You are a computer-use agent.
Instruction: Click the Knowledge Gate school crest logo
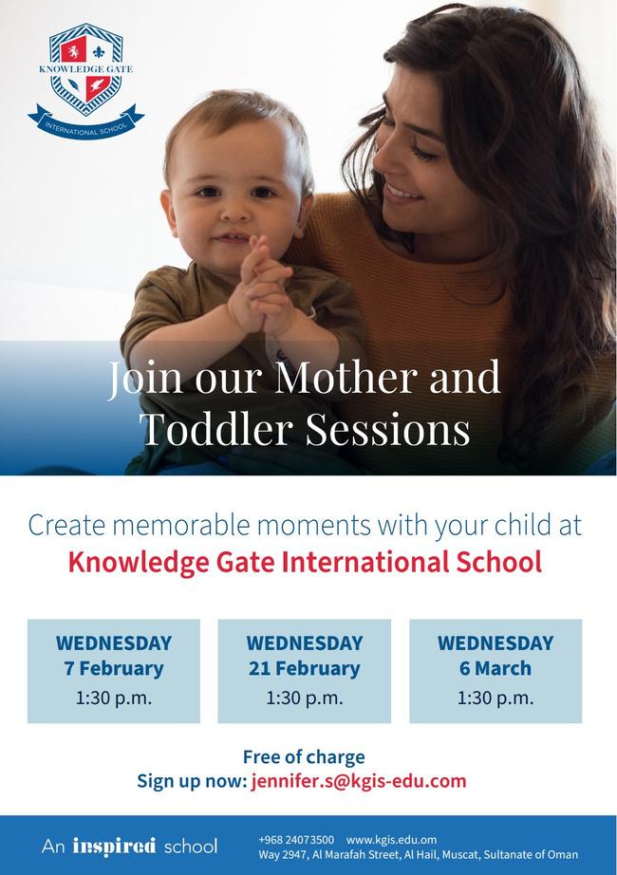[86, 81]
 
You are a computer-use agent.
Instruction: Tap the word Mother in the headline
[346, 377]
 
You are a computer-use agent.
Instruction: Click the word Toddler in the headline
[217, 429]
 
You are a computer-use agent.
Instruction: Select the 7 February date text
[114, 668]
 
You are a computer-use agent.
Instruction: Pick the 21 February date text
[305, 668]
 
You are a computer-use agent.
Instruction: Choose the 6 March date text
[495, 668]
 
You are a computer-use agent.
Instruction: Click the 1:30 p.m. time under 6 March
[495, 698]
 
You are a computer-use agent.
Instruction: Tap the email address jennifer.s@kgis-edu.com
[359, 781]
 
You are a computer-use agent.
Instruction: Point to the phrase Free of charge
[304, 756]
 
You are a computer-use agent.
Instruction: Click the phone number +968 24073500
[296, 840]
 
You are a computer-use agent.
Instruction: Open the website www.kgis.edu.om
[391, 840]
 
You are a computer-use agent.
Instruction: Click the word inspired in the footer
[114, 846]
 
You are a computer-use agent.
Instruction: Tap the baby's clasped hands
[262, 288]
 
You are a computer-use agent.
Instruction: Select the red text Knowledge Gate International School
[305, 562]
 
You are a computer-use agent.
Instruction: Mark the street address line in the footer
[419, 854]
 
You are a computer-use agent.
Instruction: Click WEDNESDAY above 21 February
[305, 642]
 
